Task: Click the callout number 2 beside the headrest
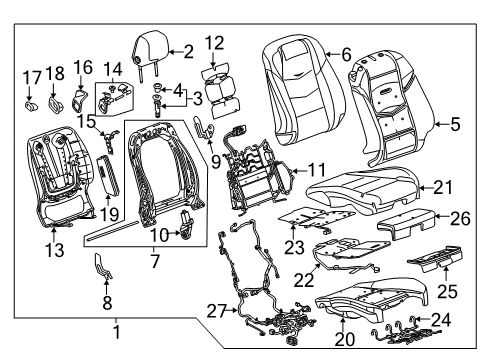point(187,50)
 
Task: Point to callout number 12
point(214,42)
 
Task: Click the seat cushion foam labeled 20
point(370,309)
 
